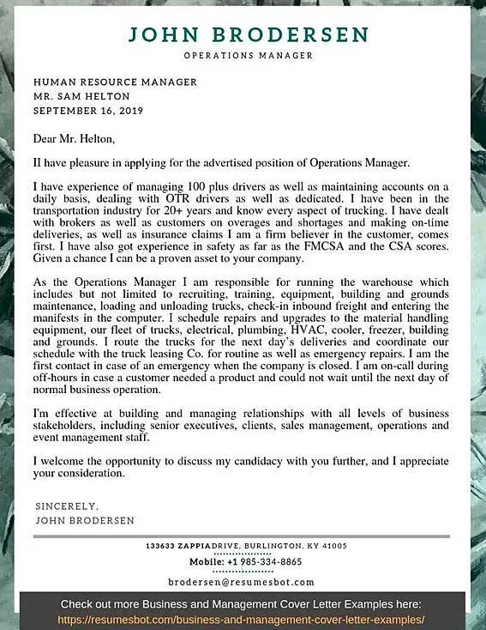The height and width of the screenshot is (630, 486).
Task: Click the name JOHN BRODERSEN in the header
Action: point(248,35)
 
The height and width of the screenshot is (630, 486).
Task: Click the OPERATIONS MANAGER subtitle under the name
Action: point(248,56)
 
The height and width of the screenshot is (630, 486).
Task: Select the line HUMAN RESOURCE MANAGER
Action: point(115,82)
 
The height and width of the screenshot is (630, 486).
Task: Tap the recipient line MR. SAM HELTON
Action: point(81,96)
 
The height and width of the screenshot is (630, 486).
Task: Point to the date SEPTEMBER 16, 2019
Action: point(88,111)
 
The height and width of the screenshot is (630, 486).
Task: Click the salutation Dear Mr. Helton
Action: point(74,138)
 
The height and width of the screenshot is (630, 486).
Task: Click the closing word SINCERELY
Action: point(68,506)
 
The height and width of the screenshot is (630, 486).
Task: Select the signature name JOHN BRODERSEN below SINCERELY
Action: point(85,520)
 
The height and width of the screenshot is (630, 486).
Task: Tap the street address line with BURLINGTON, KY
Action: point(246,546)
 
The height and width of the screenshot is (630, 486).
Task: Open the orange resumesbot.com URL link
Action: point(242,619)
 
